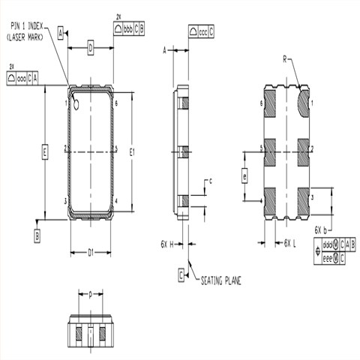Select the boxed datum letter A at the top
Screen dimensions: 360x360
click(x=59, y=34)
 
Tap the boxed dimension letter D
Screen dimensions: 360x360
click(x=90, y=49)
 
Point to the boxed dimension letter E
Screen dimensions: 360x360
click(x=45, y=152)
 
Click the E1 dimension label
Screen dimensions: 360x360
click(x=132, y=152)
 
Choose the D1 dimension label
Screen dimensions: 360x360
click(x=90, y=253)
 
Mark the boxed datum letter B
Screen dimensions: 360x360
click(x=37, y=235)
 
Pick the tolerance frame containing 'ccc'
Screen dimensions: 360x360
click(x=200, y=33)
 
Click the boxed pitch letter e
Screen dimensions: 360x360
click(x=244, y=176)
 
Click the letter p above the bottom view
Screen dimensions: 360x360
click(x=90, y=295)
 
